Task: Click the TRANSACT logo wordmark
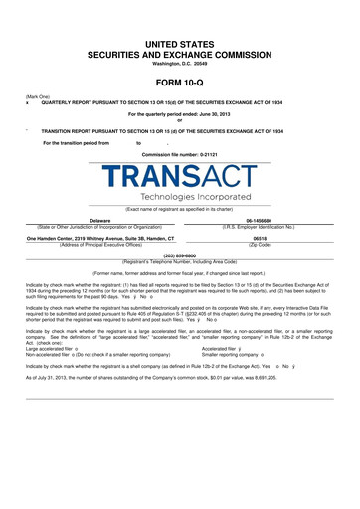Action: [181, 177]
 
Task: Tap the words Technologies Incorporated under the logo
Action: [181, 198]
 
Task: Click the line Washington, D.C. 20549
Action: [180, 65]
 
